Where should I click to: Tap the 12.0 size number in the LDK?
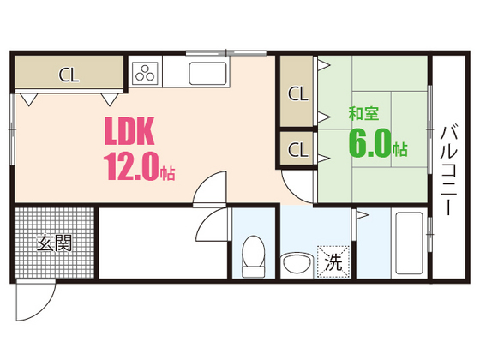(x=132, y=165)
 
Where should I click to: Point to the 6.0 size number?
(x=369, y=142)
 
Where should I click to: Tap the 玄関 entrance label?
(x=53, y=243)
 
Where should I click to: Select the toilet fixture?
(x=254, y=258)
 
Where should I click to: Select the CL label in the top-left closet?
(x=69, y=74)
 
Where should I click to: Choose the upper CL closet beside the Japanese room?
(x=297, y=93)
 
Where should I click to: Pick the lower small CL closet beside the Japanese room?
(x=297, y=149)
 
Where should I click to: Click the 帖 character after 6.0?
(x=399, y=149)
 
